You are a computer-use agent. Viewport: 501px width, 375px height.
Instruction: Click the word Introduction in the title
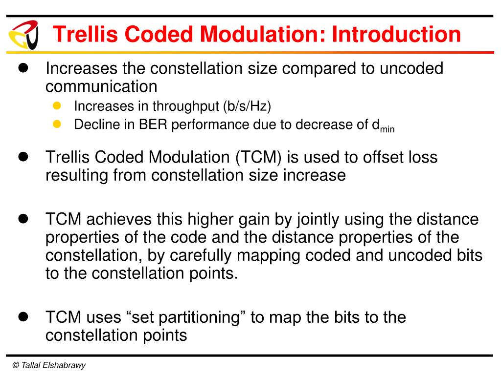click(396, 35)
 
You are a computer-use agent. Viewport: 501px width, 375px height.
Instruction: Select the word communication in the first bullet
click(101, 86)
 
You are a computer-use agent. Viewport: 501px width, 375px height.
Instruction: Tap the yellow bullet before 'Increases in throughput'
click(56, 105)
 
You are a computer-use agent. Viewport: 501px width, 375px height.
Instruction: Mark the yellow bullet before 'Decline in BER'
click(56, 124)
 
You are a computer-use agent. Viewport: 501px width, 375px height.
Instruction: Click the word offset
click(377, 157)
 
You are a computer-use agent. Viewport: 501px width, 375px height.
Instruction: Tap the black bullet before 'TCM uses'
click(23, 316)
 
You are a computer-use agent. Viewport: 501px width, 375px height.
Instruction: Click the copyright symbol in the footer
click(16, 365)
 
